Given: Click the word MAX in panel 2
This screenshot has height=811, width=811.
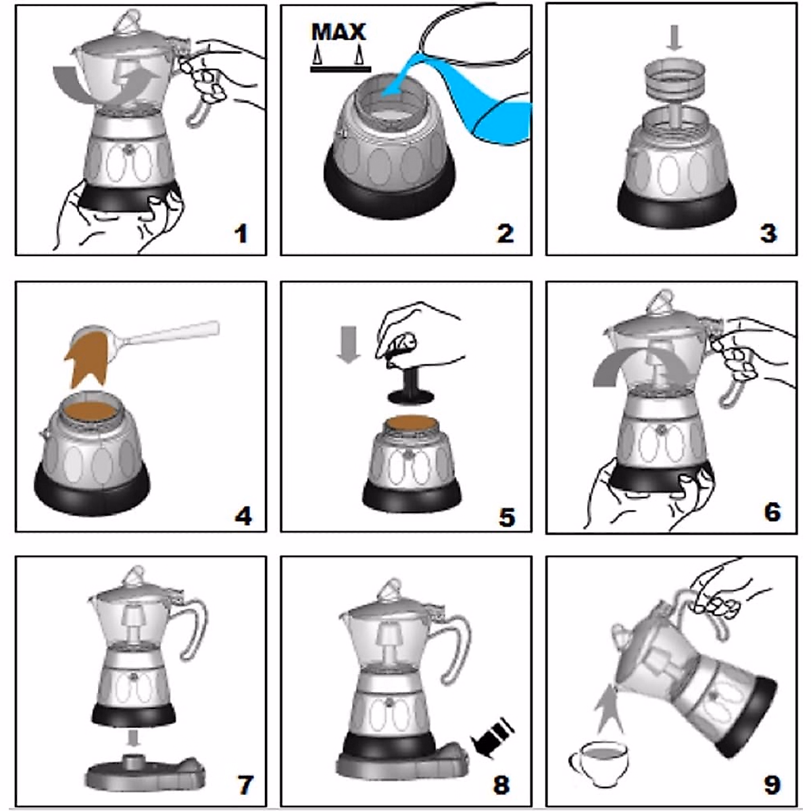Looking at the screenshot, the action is coord(339,32).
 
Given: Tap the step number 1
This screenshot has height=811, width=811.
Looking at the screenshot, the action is coord(241,234).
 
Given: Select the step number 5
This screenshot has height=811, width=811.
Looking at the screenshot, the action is coord(506,517).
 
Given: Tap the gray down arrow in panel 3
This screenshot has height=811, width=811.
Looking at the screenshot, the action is coord(675,36).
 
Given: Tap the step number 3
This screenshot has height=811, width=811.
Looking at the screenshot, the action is coord(768,234).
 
